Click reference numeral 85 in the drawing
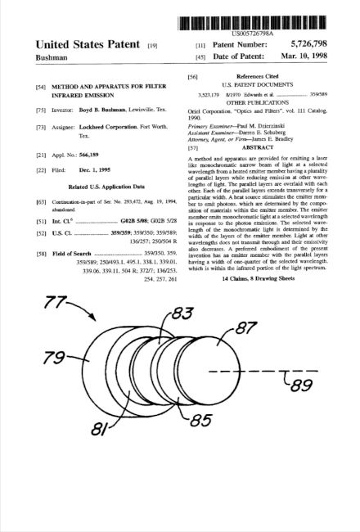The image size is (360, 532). (202, 423)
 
